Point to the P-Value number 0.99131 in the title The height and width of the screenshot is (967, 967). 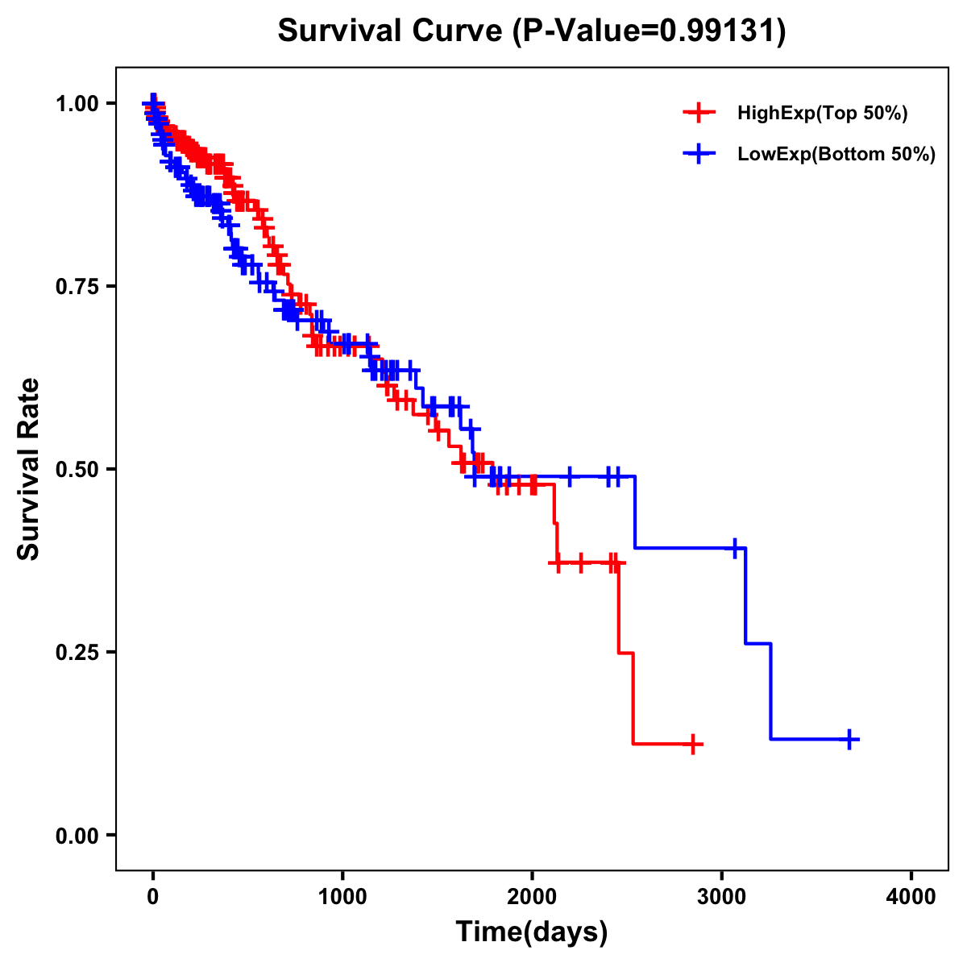(x=719, y=31)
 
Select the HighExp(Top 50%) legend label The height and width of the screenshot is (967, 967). (x=822, y=114)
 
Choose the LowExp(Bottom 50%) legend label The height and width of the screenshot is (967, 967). (x=836, y=155)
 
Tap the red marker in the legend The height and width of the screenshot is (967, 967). (x=699, y=113)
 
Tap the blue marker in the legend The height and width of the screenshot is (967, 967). (x=699, y=154)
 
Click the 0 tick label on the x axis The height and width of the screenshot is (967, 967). (x=153, y=897)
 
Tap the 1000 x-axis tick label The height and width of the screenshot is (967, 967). (x=342, y=897)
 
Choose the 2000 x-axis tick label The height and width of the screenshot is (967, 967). (x=532, y=897)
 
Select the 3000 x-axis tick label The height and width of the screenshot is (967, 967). (x=722, y=897)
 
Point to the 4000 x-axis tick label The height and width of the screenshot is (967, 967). (x=911, y=897)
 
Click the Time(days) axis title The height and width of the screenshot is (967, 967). (x=532, y=932)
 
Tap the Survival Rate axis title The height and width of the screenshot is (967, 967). (x=30, y=469)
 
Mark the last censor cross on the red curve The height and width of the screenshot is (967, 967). (x=692, y=744)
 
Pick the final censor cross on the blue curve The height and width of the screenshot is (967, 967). (x=849, y=739)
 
